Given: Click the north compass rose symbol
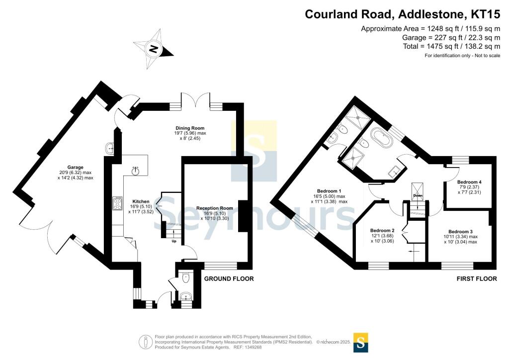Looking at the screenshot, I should [x=154, y=49].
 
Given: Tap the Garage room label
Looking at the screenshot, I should [x=76, y=167].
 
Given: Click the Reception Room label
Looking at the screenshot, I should [x=214, y=208].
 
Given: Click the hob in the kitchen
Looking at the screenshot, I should [x=118, y=203].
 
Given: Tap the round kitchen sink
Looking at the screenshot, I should [x=135, y=171].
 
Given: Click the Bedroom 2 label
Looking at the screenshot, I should [x=382, y=230].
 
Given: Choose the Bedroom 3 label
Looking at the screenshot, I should [x=460, y=232].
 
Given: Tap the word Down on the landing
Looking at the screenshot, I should [x=417, y=195].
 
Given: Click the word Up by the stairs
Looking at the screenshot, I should [x=173, y=242].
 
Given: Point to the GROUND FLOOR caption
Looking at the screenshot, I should [x=229, y=279].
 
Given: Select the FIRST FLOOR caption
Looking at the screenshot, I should [x=477, y=279].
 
